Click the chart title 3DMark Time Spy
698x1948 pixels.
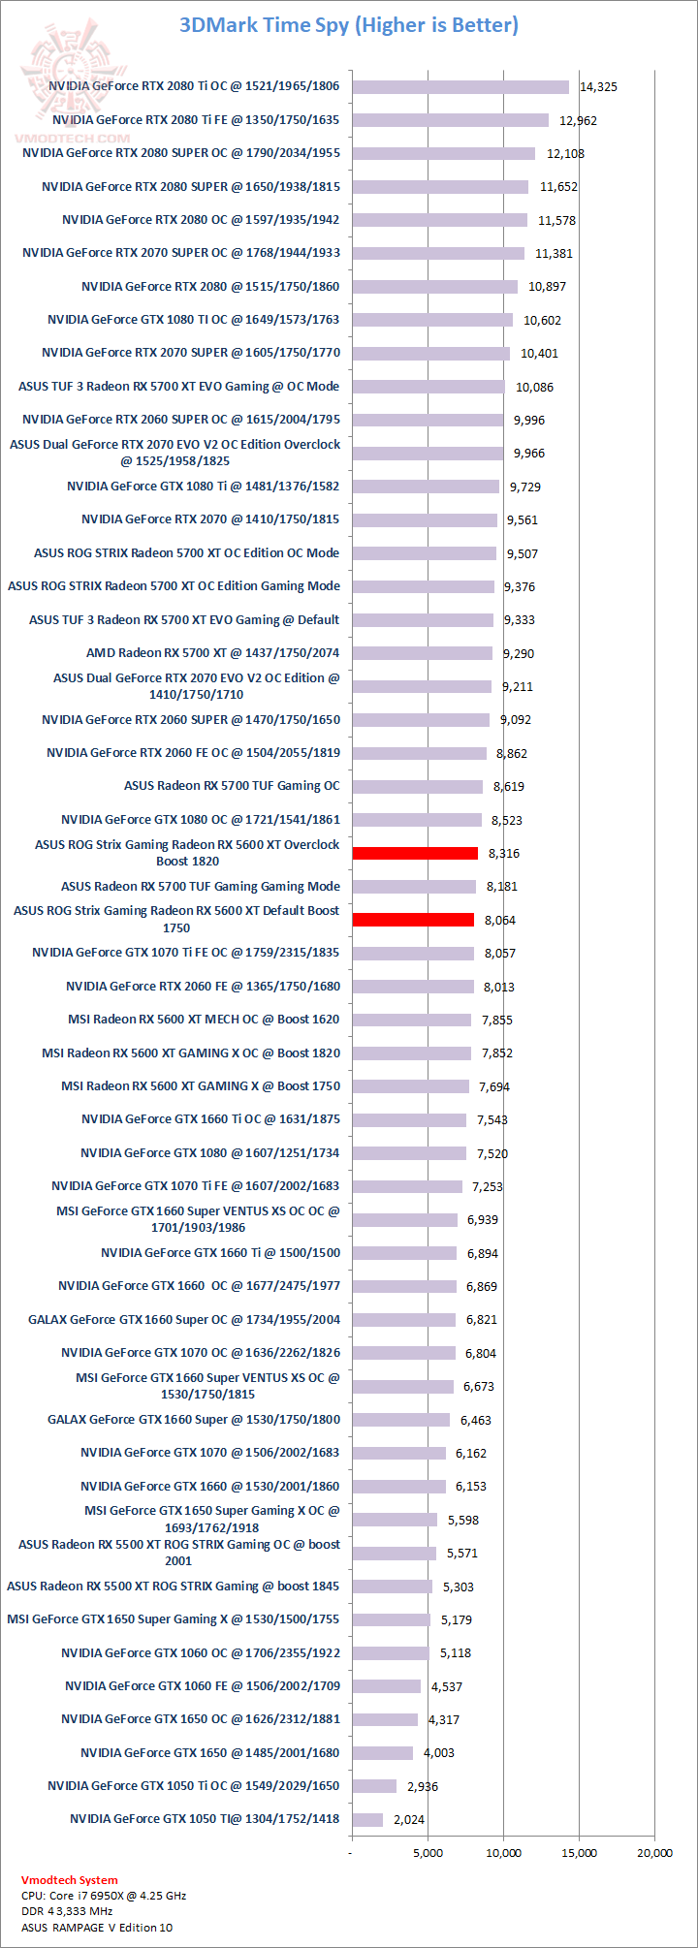click(x=349, y=25)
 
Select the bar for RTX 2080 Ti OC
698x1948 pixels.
click(x=460, y=87)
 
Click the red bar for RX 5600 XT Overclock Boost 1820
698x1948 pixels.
click(x=415, y=853)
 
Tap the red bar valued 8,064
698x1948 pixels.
click(x=413, y=920)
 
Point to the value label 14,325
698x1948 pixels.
click(x=598, y=87)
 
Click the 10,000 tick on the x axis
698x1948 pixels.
click(x=503, y=1853)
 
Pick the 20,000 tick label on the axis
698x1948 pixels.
click(x=654, y=1853)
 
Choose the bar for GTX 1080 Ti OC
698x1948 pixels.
click(x=432, y=320)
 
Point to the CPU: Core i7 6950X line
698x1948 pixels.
click(x=104, y=1896)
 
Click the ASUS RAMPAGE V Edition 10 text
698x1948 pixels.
click(x=97, y=1928)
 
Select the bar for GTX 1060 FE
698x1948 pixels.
click(x=387, y=1686)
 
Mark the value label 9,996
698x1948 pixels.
click(x=529, y=420)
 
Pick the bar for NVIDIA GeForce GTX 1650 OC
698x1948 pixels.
click(x=385, y=1719)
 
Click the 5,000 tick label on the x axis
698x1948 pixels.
click(x=428, y=1853)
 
